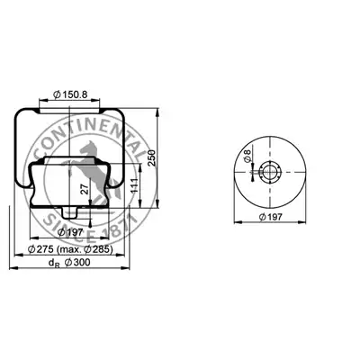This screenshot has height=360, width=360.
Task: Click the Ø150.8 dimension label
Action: [x=70, y=94]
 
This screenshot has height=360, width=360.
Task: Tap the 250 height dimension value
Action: [x=152, y=157]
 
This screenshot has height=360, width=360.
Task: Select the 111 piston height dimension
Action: [x=134, y=185]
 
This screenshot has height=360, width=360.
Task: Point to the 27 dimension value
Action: [x=85, y=189]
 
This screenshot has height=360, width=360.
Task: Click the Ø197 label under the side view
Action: [x=70, y=232]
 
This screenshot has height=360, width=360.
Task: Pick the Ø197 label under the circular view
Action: [x=271, y=217]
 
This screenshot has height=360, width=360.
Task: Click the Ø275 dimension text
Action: [x=40, y=249]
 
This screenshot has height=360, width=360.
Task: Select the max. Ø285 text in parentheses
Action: [x=85, y=249]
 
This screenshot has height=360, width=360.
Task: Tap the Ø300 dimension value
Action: [x=77, y=262]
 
